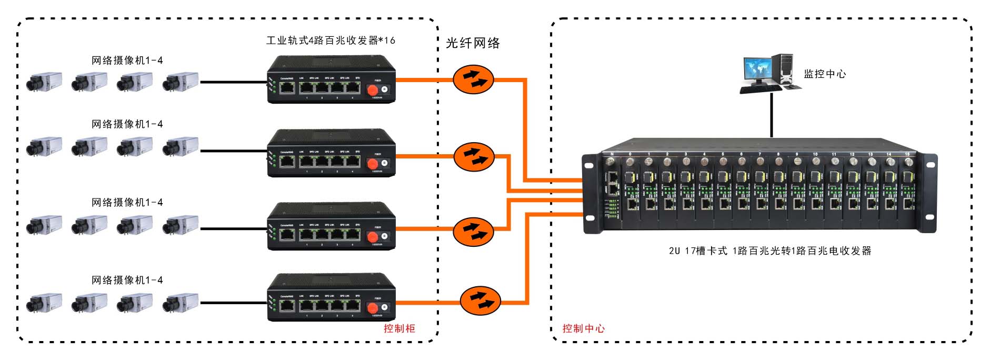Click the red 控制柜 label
click(x=399, y=328)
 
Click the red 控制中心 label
click(x=583, y=328)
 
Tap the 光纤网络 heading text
click(x=473, y=43)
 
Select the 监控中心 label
click(x=824, y=74)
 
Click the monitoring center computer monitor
click(x=758, y=71)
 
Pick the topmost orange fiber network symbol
click(x=473, y=79)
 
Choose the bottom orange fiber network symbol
click(x=480, y=301)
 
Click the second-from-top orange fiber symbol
click(x=474, y=156)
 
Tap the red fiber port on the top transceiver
click(x=373, y=90)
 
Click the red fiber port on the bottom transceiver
click(x=373, y=308)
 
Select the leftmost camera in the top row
click(x=44, y=82)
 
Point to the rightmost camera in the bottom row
click(x=180, y=303)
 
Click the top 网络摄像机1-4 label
click(x=127, y=61)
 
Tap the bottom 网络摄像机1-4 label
click(x=127, y=280)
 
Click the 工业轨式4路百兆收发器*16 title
click(x=331, y=41)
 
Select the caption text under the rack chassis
click(x=769, y=251)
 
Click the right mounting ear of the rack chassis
click(x=929, y=193)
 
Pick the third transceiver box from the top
click(x=331, y=226)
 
